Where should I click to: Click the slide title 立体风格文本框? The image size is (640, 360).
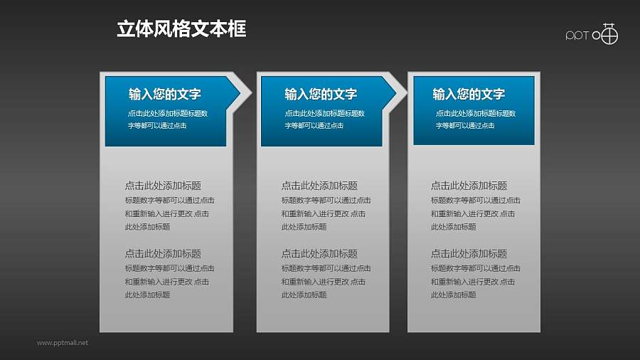coord(181,29)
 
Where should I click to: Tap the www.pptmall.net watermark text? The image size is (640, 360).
coord(63,343)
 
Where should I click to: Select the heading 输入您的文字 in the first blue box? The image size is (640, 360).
coord(164,94)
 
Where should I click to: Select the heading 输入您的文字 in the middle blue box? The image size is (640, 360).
coord(320,94)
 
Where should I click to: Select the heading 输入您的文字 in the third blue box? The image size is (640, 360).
coord(469,94)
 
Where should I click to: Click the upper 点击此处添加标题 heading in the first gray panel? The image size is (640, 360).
coord(163,186)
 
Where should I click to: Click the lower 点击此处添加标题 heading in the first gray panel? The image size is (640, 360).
coord(163,253)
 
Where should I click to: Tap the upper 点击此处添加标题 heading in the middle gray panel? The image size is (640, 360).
coord(319,186)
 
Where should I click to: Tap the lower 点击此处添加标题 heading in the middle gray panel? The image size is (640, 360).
coord(319,253)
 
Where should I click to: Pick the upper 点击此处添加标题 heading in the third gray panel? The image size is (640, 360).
coord(469,186)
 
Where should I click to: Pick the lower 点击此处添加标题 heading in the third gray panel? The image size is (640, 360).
coord(469,253)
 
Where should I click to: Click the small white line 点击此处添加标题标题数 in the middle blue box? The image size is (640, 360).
coord(324,113)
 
